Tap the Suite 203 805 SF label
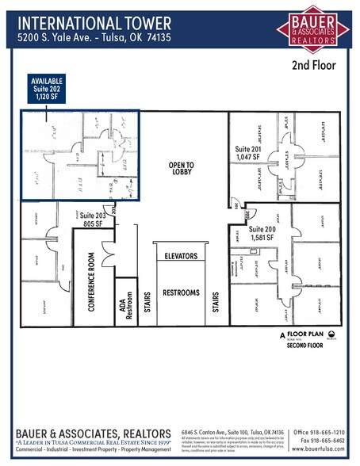click(94, 220)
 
